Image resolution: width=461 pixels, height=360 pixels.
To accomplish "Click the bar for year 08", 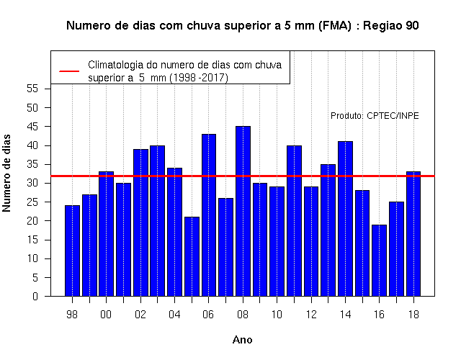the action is coord(243,211).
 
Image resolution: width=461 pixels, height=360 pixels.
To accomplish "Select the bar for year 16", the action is coord(380,261).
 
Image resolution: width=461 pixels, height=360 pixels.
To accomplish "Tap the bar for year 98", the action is coord(72,251).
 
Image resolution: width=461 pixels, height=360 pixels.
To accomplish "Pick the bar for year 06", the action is coord(209,215).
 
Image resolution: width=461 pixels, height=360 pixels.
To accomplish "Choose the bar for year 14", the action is coord(345,219).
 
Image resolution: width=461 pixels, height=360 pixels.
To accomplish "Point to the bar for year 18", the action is coord(413,233).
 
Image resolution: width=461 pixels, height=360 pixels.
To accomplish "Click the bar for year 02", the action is coord(140,222).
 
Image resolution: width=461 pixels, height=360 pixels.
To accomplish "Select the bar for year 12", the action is coord(311,241).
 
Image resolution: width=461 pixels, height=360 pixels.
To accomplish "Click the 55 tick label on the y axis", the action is coord(32,89).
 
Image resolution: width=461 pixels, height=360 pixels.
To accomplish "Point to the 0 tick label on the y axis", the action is coord(35,296).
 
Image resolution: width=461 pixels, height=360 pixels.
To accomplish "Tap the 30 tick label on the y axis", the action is coord(32,183).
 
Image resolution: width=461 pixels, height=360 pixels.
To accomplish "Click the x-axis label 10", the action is coord(277,315).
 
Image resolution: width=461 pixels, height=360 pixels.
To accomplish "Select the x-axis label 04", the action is coord(174,315).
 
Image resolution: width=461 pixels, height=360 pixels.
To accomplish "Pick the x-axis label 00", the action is coord(106,315).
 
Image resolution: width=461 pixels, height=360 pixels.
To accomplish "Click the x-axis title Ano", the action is coord(243,340).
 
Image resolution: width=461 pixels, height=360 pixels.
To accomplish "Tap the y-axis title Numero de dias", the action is coord(6,173).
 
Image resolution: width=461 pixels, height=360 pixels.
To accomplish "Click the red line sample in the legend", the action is coord(69,71).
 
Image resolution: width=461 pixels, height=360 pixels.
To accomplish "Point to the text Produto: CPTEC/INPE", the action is coord(375,116).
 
